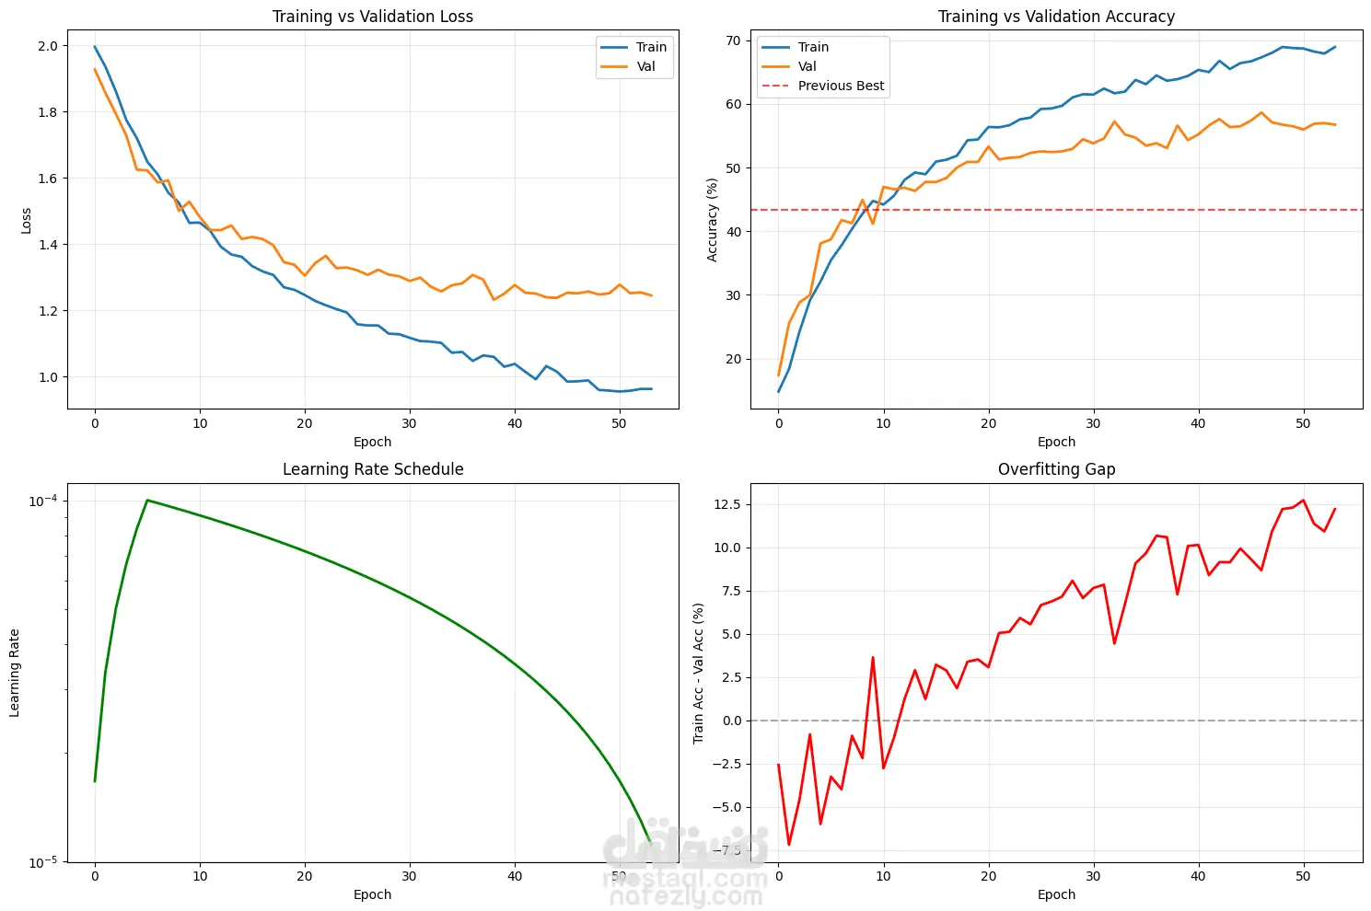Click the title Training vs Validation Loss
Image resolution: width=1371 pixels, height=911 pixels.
click(x=372, y=17)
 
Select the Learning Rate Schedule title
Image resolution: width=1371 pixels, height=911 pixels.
click(x=372, y=469)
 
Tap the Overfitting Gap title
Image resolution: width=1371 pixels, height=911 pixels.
click(x=1056, y=469)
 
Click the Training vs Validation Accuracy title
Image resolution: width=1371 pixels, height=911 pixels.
click(x=1056, y=17)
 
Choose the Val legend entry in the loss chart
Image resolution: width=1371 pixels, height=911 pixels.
click(x=645, y=66)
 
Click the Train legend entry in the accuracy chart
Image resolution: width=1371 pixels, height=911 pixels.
click(x=813, y=47)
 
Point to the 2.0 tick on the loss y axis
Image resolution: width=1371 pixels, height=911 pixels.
click(x=48, y=46)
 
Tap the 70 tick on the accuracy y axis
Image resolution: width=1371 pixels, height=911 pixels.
click(x=733, y=40)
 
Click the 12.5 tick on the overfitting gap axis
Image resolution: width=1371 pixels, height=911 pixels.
click(x=726, y=504)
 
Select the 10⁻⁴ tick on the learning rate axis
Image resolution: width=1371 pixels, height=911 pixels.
click(x=42, y=501)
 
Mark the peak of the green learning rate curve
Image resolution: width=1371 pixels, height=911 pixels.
click(x=147, y=500)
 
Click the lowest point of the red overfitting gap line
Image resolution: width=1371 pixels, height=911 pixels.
click(x=789, y=845)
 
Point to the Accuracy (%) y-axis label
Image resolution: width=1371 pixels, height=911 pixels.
click(x=713, y=220)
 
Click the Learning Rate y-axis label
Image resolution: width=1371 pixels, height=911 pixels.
click(x=15, y=673)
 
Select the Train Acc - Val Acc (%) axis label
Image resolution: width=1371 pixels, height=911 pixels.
click(x=699, y=673)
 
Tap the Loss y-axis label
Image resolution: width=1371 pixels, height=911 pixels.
click(x=26, y=220)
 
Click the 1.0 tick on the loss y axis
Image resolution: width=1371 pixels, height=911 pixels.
click(x=48, y=377)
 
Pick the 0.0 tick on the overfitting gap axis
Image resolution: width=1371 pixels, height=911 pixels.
click(x=731, y=721)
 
